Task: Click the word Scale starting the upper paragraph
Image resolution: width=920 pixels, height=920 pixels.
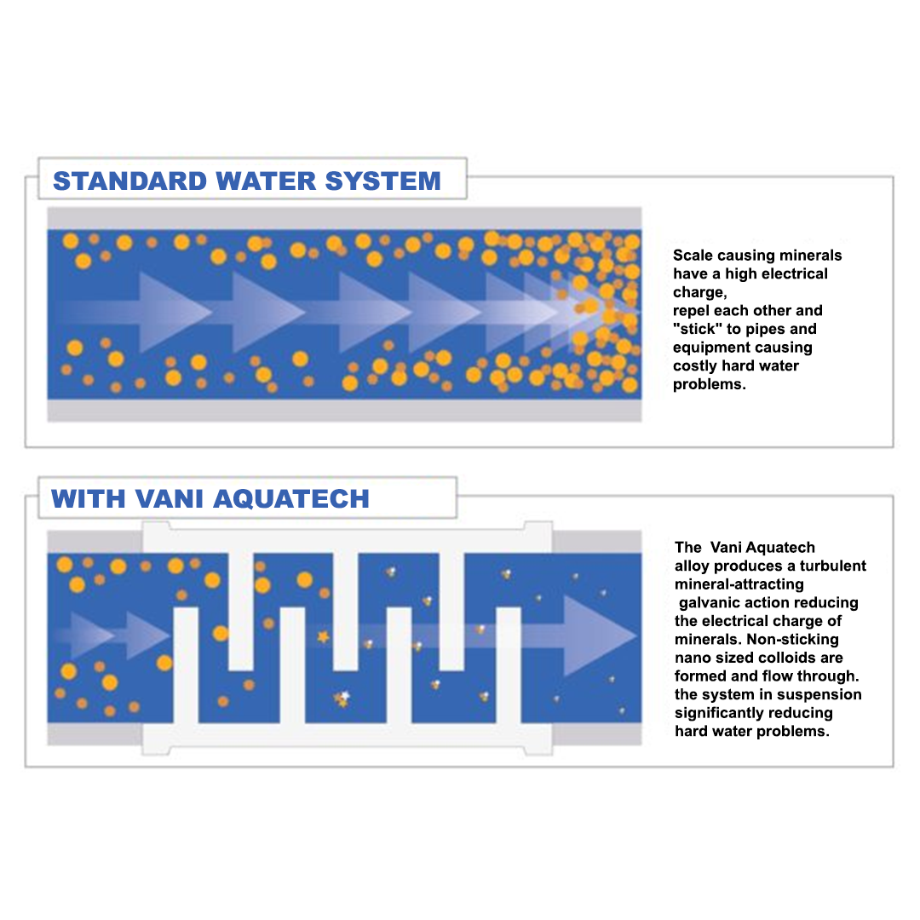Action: coord(693,256)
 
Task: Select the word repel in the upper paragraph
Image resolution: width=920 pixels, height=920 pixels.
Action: coord(691,311)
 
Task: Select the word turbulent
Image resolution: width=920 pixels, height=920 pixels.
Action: coord(828,566)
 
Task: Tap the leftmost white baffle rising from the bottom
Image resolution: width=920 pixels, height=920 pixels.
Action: coord(186,664)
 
